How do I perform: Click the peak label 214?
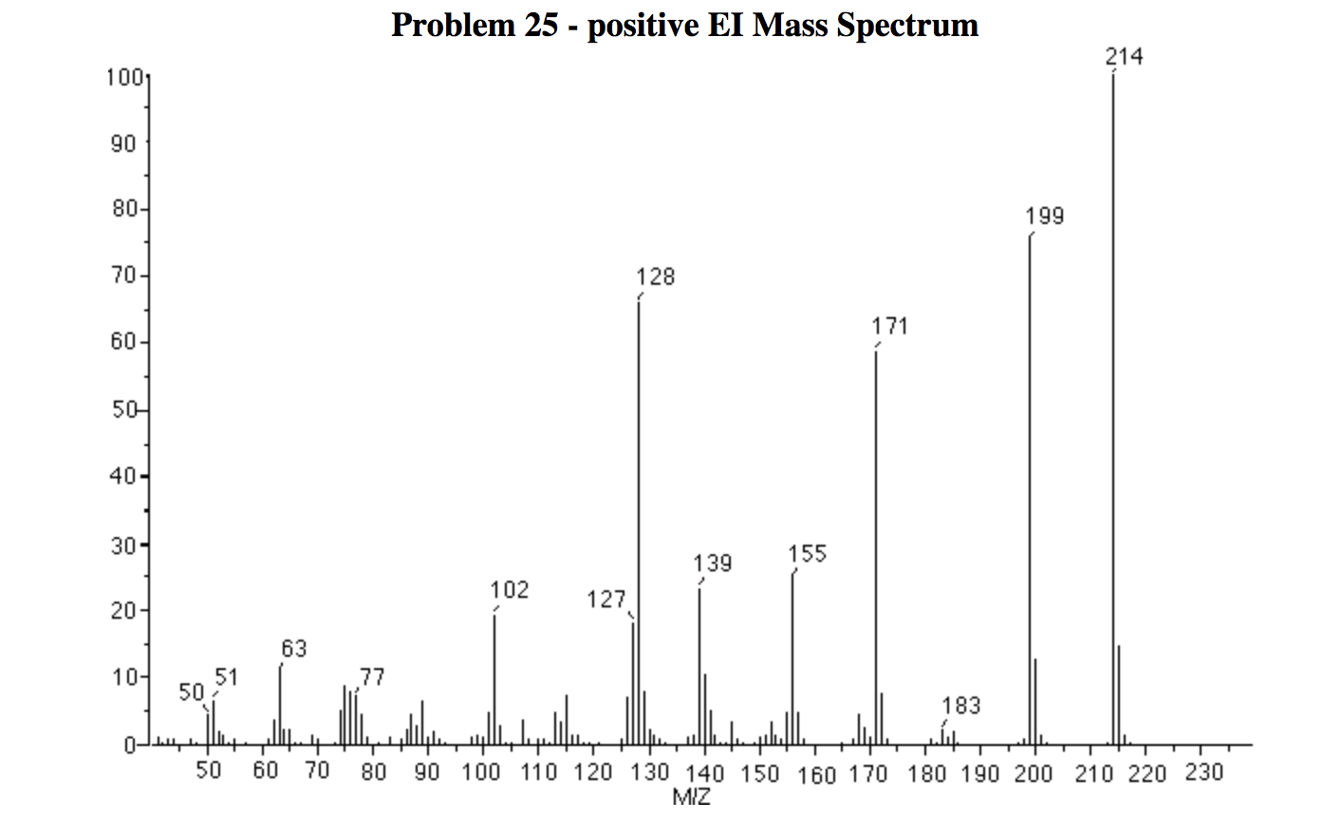pos(1125,57)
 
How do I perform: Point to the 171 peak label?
pos(890,326)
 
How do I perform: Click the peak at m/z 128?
pos(639,522)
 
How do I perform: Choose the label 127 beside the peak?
pos(606,600)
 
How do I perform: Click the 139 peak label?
pos(713,564)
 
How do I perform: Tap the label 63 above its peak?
pos(294,649)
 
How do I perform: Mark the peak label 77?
pos(372,678)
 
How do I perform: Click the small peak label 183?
pos(961,706)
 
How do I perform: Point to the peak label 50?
pos(193,693)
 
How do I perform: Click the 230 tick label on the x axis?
pos(1205,773)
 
